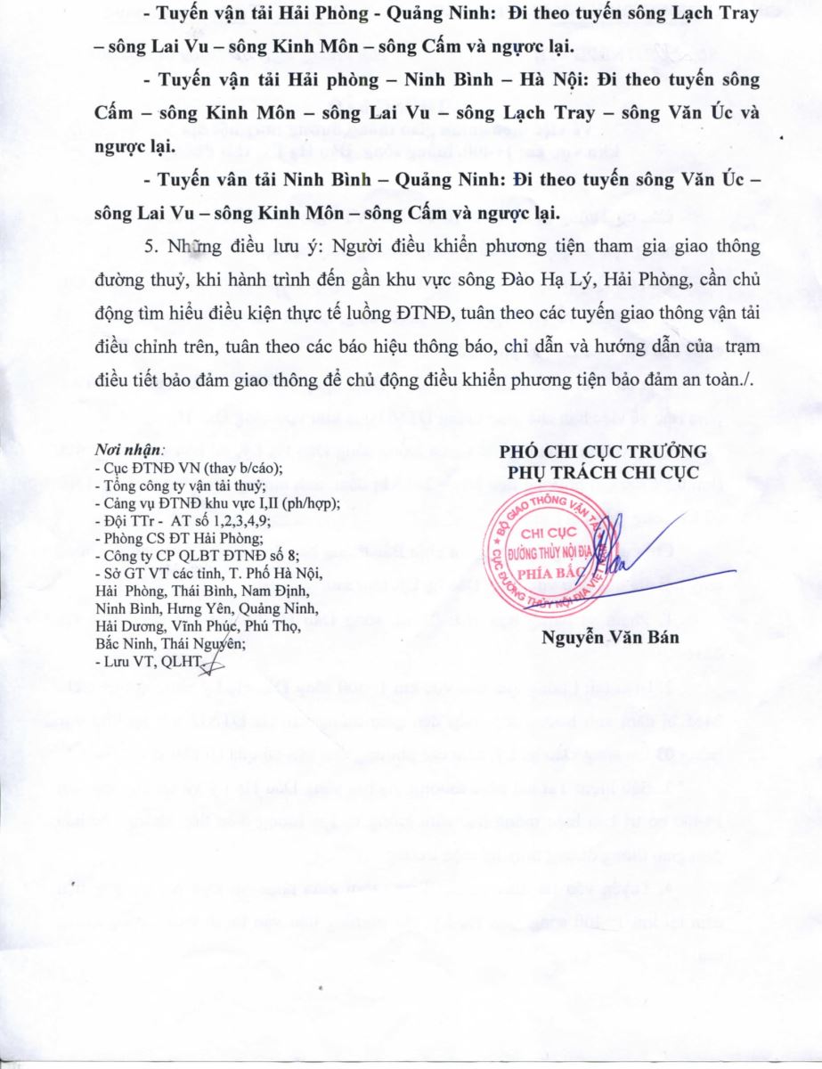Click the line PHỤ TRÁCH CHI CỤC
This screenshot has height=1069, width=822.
(x=602, y=469)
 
